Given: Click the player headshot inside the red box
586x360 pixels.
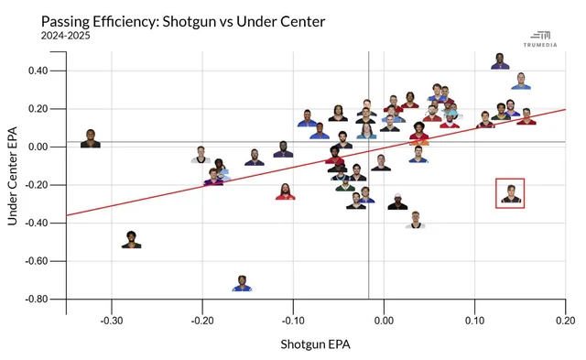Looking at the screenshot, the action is pos(511,193).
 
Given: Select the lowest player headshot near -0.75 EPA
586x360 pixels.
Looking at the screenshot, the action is pos(242,283).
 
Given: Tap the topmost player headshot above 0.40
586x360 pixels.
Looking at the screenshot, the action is pos(500,61).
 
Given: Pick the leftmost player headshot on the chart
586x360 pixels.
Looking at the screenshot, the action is pos(91,138).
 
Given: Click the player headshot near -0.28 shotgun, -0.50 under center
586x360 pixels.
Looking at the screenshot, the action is pos(131,240).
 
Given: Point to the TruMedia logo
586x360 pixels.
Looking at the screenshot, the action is pos(540,38).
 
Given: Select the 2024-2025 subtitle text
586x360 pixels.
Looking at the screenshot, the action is pos(65,36).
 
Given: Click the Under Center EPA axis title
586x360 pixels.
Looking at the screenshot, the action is pos(12,176).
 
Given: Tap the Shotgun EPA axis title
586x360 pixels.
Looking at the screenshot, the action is pos(315,344).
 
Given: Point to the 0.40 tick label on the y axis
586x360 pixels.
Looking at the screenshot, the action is pos(38,71).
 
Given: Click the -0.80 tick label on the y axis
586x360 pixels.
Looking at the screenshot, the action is pos(37,299).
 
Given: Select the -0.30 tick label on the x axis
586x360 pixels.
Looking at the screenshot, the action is pos(112,321).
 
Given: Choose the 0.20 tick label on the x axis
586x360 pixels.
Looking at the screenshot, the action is pos(566,321).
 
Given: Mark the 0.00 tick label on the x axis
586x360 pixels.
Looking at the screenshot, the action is pos(384,321).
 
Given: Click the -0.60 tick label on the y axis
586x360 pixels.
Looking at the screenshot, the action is pos(37,261).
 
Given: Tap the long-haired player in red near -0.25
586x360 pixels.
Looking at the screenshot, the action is pos(285,191).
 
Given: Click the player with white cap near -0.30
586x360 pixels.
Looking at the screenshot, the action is pos(397,202).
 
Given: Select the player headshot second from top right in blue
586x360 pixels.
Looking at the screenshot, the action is pos(521,82).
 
